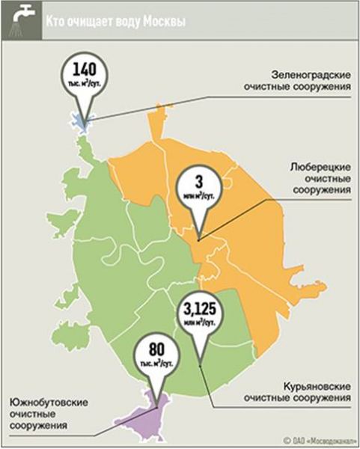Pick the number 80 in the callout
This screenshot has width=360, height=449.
pos(156,349)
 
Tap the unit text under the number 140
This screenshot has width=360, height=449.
pos(84,88)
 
